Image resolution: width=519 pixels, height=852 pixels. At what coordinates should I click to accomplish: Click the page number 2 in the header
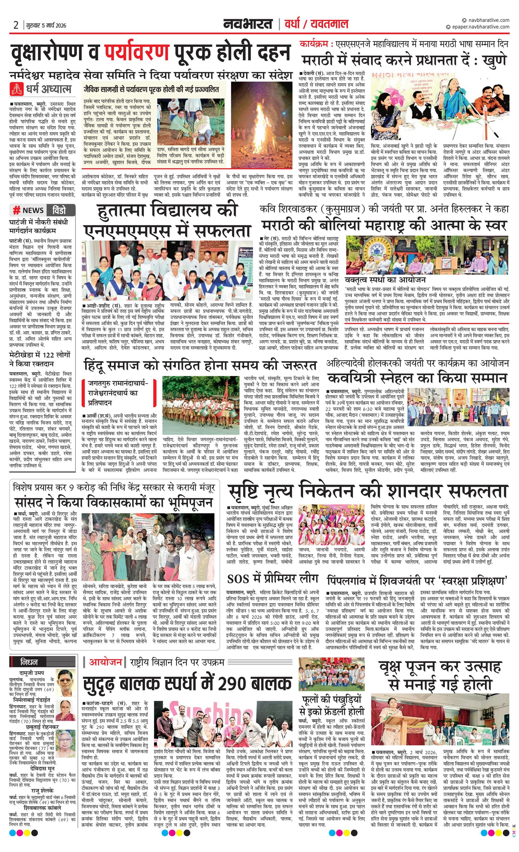(16, 25)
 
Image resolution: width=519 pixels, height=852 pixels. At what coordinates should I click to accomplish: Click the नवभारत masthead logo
(247, 24)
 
